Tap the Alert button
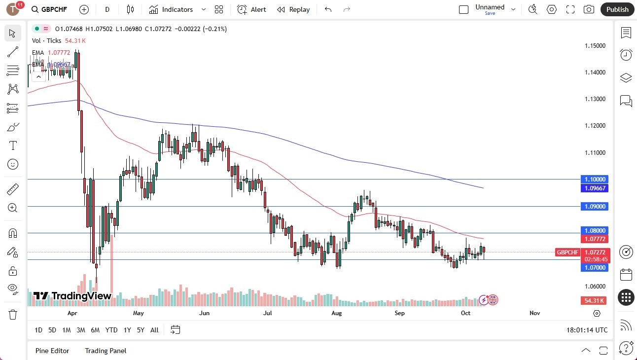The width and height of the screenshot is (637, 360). click(251, 9)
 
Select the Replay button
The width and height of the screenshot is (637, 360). click(293, 9)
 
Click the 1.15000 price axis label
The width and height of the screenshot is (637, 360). click(595, 46)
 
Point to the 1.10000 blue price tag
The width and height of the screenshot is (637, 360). click(595, 180)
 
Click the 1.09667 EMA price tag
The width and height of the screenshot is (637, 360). click(595, 188)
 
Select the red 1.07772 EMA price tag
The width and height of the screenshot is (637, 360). click(595, 239)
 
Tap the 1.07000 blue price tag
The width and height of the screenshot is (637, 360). click(595, 268)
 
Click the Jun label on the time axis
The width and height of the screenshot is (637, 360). click(204, 313)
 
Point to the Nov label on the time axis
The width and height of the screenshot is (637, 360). click(534, 313)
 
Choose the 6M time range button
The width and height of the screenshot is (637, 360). click(95, 330)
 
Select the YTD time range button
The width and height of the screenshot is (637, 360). click(111, 330)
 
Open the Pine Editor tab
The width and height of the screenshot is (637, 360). click(52, 351)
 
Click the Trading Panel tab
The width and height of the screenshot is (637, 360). click(106, 351)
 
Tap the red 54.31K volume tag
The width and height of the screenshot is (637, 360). click(595, 301)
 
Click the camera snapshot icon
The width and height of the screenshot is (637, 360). click(589, 9)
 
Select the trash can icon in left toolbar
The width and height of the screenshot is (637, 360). click(13, 315)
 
